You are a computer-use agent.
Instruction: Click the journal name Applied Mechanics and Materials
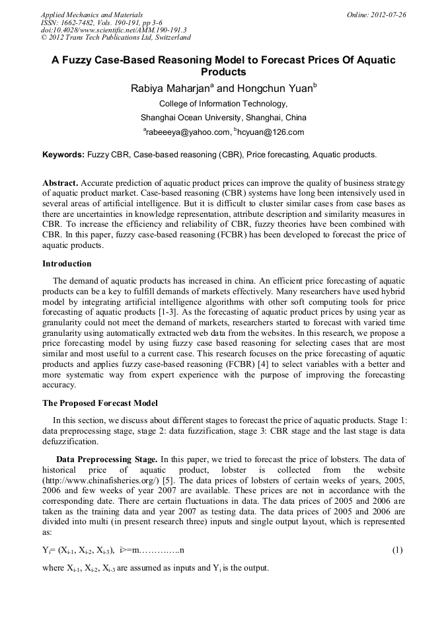92,15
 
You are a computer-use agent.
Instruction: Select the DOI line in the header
114,30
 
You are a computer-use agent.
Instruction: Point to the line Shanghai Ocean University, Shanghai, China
223,118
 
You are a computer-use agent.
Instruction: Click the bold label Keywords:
63,155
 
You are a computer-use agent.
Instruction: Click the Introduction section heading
67,263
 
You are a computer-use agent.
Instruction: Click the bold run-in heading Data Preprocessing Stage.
106,459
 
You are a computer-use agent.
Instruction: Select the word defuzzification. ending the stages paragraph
71,442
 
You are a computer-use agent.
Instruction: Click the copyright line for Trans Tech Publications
115,38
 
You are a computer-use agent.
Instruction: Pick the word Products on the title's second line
223,72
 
